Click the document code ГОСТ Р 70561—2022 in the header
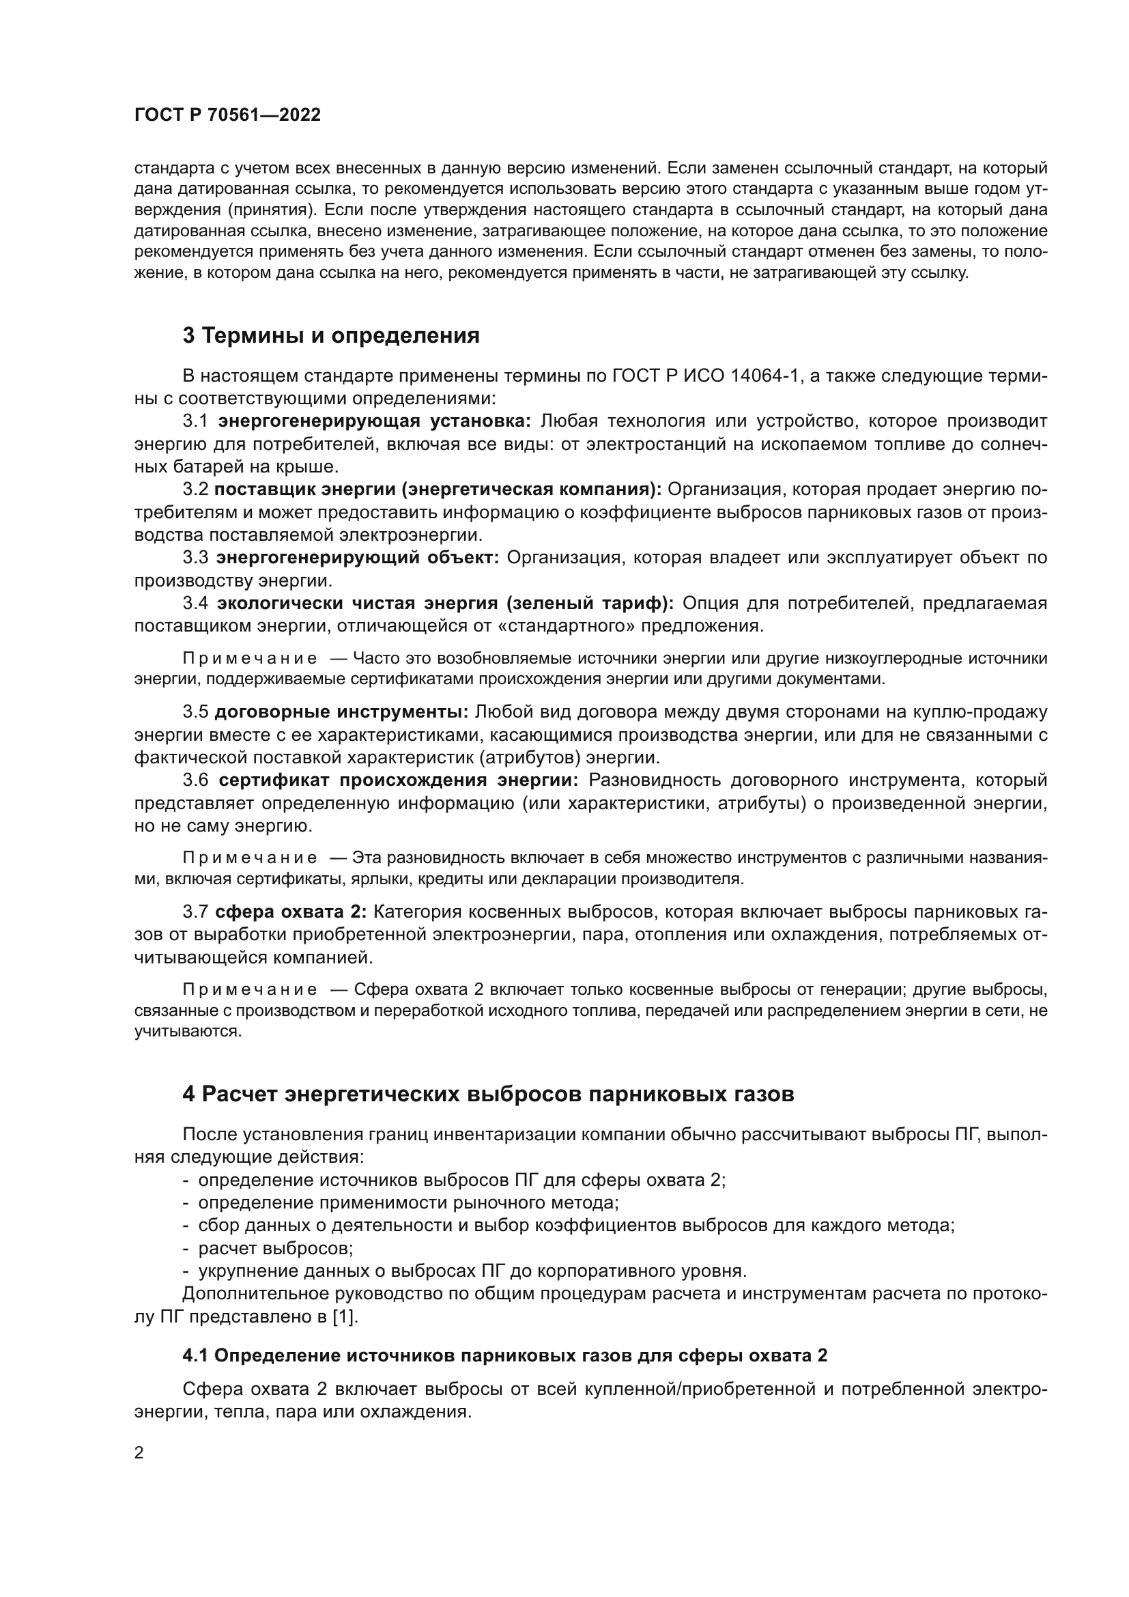pos(227,115)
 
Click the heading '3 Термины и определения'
pos(331,335)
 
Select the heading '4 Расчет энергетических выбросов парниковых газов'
pos(488,1094)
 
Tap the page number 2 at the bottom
pos(139,1453)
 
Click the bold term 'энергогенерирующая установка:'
pos(375,421)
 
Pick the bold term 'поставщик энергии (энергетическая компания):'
pos(438,489)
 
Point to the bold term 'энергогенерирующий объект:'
pos(357,557)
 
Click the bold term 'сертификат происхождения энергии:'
pos(399,780)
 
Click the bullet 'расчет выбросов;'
pos(276,1248)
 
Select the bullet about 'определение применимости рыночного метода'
pos(409,1202)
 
